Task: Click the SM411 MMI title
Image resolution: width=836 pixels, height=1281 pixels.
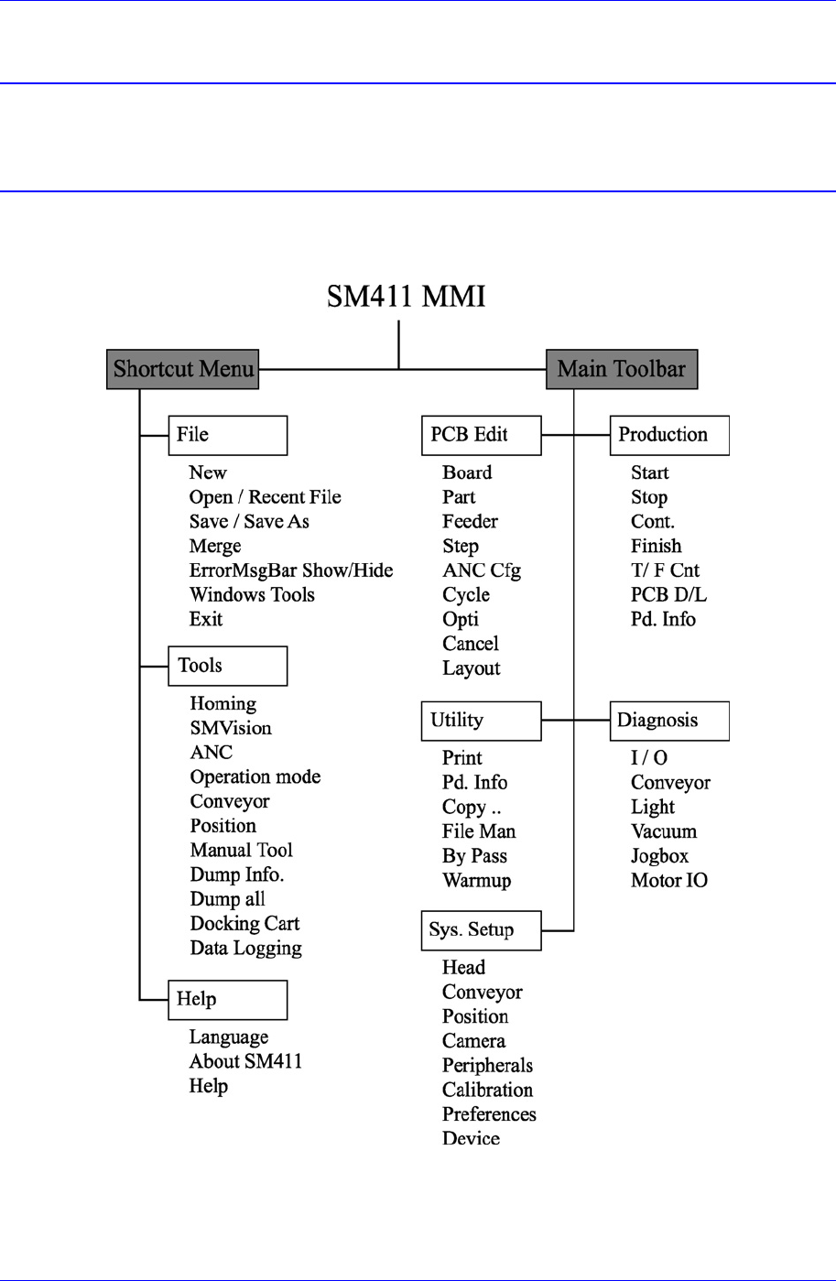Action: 406,296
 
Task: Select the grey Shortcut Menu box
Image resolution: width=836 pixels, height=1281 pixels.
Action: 182,369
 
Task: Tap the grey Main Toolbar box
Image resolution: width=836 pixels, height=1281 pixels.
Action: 622,369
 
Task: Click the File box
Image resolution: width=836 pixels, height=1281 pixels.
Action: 227,435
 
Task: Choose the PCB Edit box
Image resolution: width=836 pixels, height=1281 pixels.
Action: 481,435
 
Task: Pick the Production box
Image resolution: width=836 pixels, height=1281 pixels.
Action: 669,435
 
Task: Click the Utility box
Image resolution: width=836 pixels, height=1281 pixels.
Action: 481,721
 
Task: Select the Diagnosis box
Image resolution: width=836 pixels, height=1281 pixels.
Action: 669,721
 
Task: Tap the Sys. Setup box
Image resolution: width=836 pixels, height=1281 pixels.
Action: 481,930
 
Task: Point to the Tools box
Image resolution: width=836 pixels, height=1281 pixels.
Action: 227,666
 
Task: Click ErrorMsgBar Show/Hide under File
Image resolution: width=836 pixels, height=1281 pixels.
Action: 291,570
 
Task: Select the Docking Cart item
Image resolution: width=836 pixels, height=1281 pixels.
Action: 244,924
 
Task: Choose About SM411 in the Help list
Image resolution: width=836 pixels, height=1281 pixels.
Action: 245,1061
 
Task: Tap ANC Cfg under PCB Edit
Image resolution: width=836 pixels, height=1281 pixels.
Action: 482,570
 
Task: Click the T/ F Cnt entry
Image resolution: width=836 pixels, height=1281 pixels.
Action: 665,570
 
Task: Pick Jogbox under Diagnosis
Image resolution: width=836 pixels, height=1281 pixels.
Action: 659,856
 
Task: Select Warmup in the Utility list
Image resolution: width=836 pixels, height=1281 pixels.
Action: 476,881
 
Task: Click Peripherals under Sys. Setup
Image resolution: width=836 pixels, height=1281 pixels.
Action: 487,1066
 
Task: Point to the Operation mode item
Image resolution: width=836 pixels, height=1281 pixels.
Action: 255,777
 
